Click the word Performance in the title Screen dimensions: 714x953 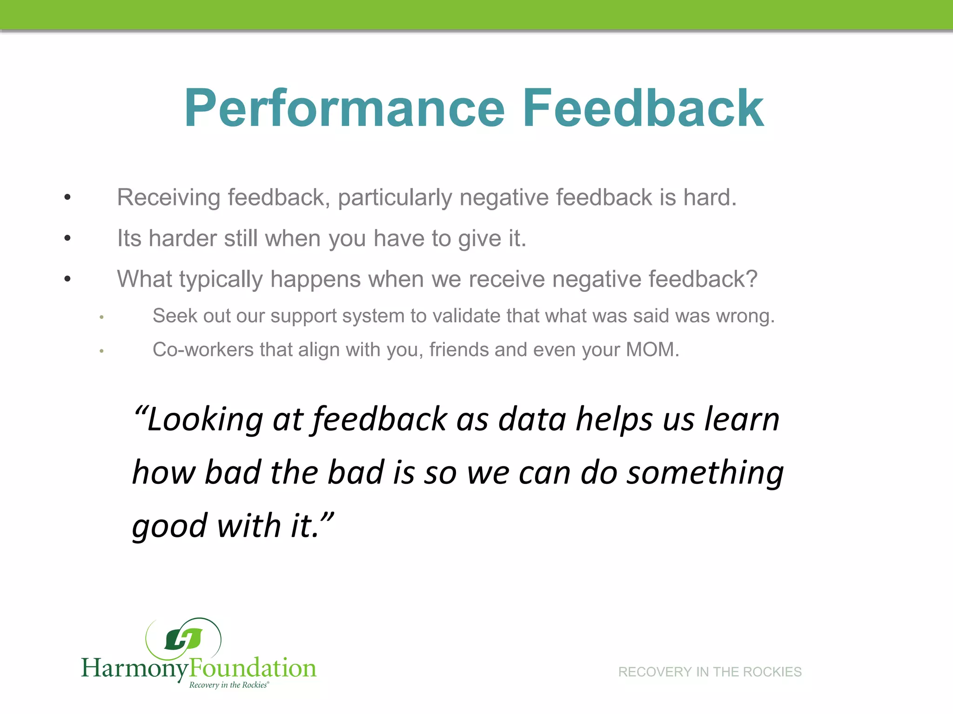point(344,109)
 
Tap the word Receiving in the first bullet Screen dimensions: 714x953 point(168,198)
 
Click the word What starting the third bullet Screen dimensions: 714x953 point(144,279)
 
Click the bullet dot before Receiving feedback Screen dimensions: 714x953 point(67,198)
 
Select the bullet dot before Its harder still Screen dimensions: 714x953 point(67,238)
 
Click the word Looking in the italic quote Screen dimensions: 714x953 point(205,420)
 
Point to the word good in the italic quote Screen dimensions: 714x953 point(169,526)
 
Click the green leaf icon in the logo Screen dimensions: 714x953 point(183,640)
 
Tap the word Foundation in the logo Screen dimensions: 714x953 point(253,668)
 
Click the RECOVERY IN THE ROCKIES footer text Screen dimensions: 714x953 point(710,672)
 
